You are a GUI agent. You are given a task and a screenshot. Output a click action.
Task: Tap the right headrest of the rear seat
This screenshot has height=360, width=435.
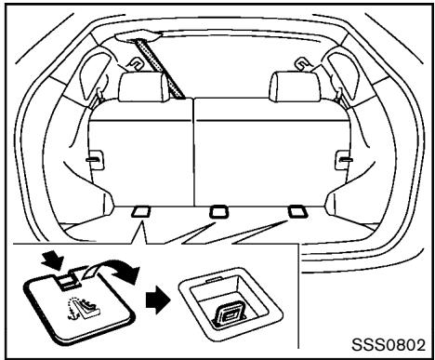tap(287, 87)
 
